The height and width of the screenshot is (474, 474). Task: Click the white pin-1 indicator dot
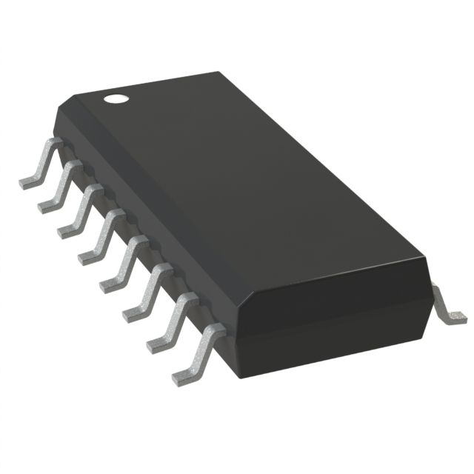click(x=115, y=97)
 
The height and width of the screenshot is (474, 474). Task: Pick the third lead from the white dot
click(x=83, y=210)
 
